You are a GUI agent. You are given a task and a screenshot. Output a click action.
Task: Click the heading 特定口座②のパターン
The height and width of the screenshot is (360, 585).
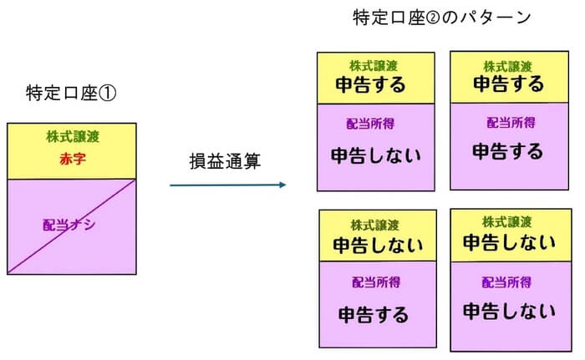click(442, 18)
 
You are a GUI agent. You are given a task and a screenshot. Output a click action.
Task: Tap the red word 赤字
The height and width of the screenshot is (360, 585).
click(72, 160)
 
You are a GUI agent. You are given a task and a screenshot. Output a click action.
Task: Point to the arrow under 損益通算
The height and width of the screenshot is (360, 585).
click(227, 185)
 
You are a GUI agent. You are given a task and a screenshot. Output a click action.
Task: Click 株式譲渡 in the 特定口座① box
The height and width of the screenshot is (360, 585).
click(73, 137)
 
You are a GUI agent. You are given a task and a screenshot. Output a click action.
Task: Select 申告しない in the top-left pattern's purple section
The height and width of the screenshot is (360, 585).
click(375, 155)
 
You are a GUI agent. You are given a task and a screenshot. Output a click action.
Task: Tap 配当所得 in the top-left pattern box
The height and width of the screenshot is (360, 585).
click(370, 124)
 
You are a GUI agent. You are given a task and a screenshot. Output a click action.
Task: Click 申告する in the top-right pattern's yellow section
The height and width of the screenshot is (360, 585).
click(508, 84)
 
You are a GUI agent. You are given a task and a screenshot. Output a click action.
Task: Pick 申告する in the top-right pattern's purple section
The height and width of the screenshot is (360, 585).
click(507, 152)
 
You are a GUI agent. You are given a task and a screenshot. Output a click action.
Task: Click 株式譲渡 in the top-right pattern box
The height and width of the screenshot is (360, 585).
click(507, 66)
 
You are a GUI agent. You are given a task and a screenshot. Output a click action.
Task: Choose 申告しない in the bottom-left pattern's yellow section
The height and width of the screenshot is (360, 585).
click(378, 246)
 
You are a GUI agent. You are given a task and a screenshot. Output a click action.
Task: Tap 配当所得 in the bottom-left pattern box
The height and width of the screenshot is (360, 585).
click(375, 282)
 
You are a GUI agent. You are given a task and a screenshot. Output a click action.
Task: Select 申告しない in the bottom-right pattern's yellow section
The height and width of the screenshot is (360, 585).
click(509, 243)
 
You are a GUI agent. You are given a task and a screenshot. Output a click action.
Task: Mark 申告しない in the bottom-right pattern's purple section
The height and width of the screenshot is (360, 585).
click(509, 312)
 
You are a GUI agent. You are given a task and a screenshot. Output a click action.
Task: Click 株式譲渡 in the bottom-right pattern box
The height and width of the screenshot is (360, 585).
click(507, 222)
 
